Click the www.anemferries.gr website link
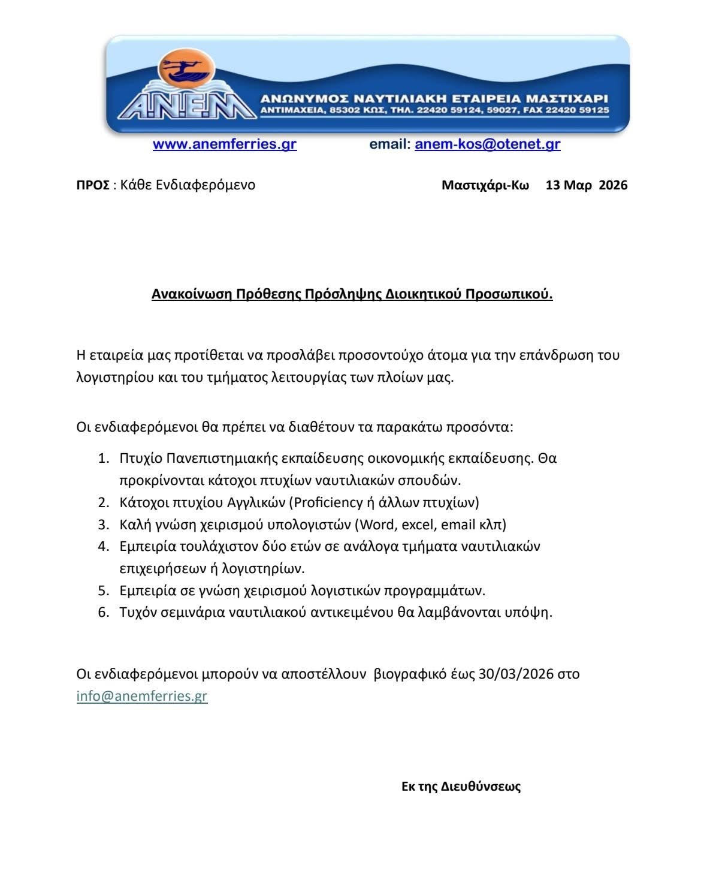click(x=225, y=144)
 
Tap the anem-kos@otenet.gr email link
click(x=487, y=144)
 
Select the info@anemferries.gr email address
click(x=142, y=696)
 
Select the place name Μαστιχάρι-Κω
click(x=485, y=185)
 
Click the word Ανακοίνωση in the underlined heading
click(x=190, y=294)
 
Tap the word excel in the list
click(x=419, y=525)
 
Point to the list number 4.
click(x=104, y=547)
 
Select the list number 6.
click(x=104, y=613)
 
